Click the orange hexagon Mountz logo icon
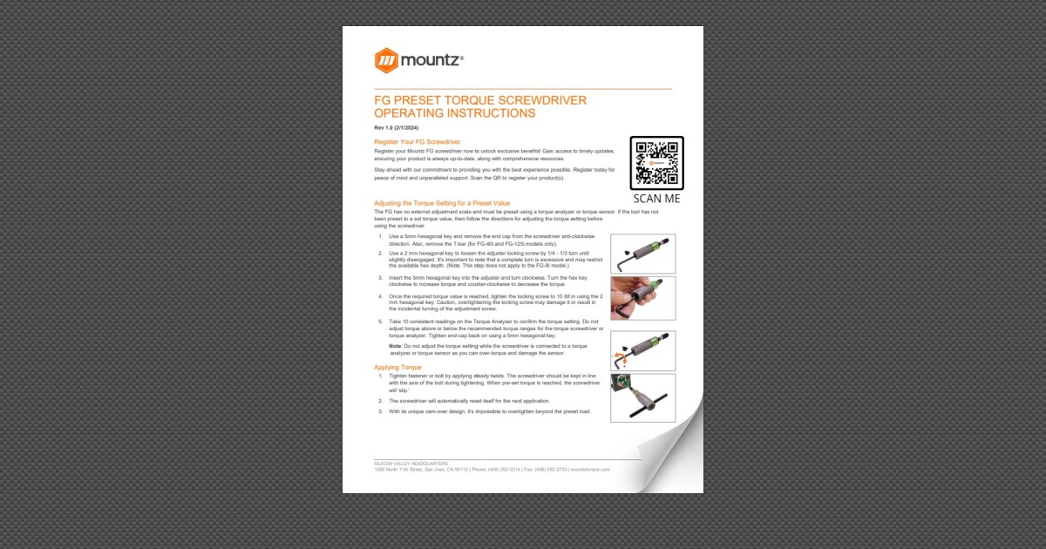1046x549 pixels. tap(386, 60)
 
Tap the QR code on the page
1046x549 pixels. tap(656, 162)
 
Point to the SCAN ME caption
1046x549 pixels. tap(656, 199)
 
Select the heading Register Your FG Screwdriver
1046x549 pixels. tap(417, 141)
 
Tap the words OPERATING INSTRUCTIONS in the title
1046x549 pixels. tap(454, 113)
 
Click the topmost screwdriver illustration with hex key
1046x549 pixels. tap(642, 254)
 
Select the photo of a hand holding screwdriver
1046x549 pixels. tap(642, 299)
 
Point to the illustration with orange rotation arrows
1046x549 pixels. tap(642, 350)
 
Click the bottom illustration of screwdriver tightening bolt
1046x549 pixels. tap(642, 397)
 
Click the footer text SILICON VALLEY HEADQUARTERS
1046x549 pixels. tap(411, 463)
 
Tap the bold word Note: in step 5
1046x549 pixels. tap(396, 346)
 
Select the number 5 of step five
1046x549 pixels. tap(380, 322)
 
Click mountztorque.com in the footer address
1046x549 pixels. tap(591, 469)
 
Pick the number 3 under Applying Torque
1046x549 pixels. tap(380, 410)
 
